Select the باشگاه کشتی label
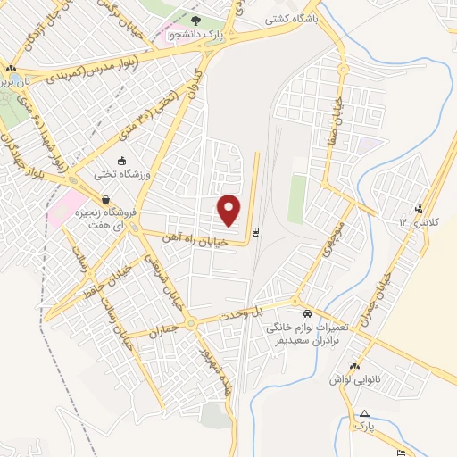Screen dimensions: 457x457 click(293, 17)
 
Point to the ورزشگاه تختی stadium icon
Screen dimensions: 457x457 click(121, 161)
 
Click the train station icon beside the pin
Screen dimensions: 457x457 click(256, 233)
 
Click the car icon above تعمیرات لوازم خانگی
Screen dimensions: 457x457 click(307, 314)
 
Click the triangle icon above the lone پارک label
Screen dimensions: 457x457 click(364, 412)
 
